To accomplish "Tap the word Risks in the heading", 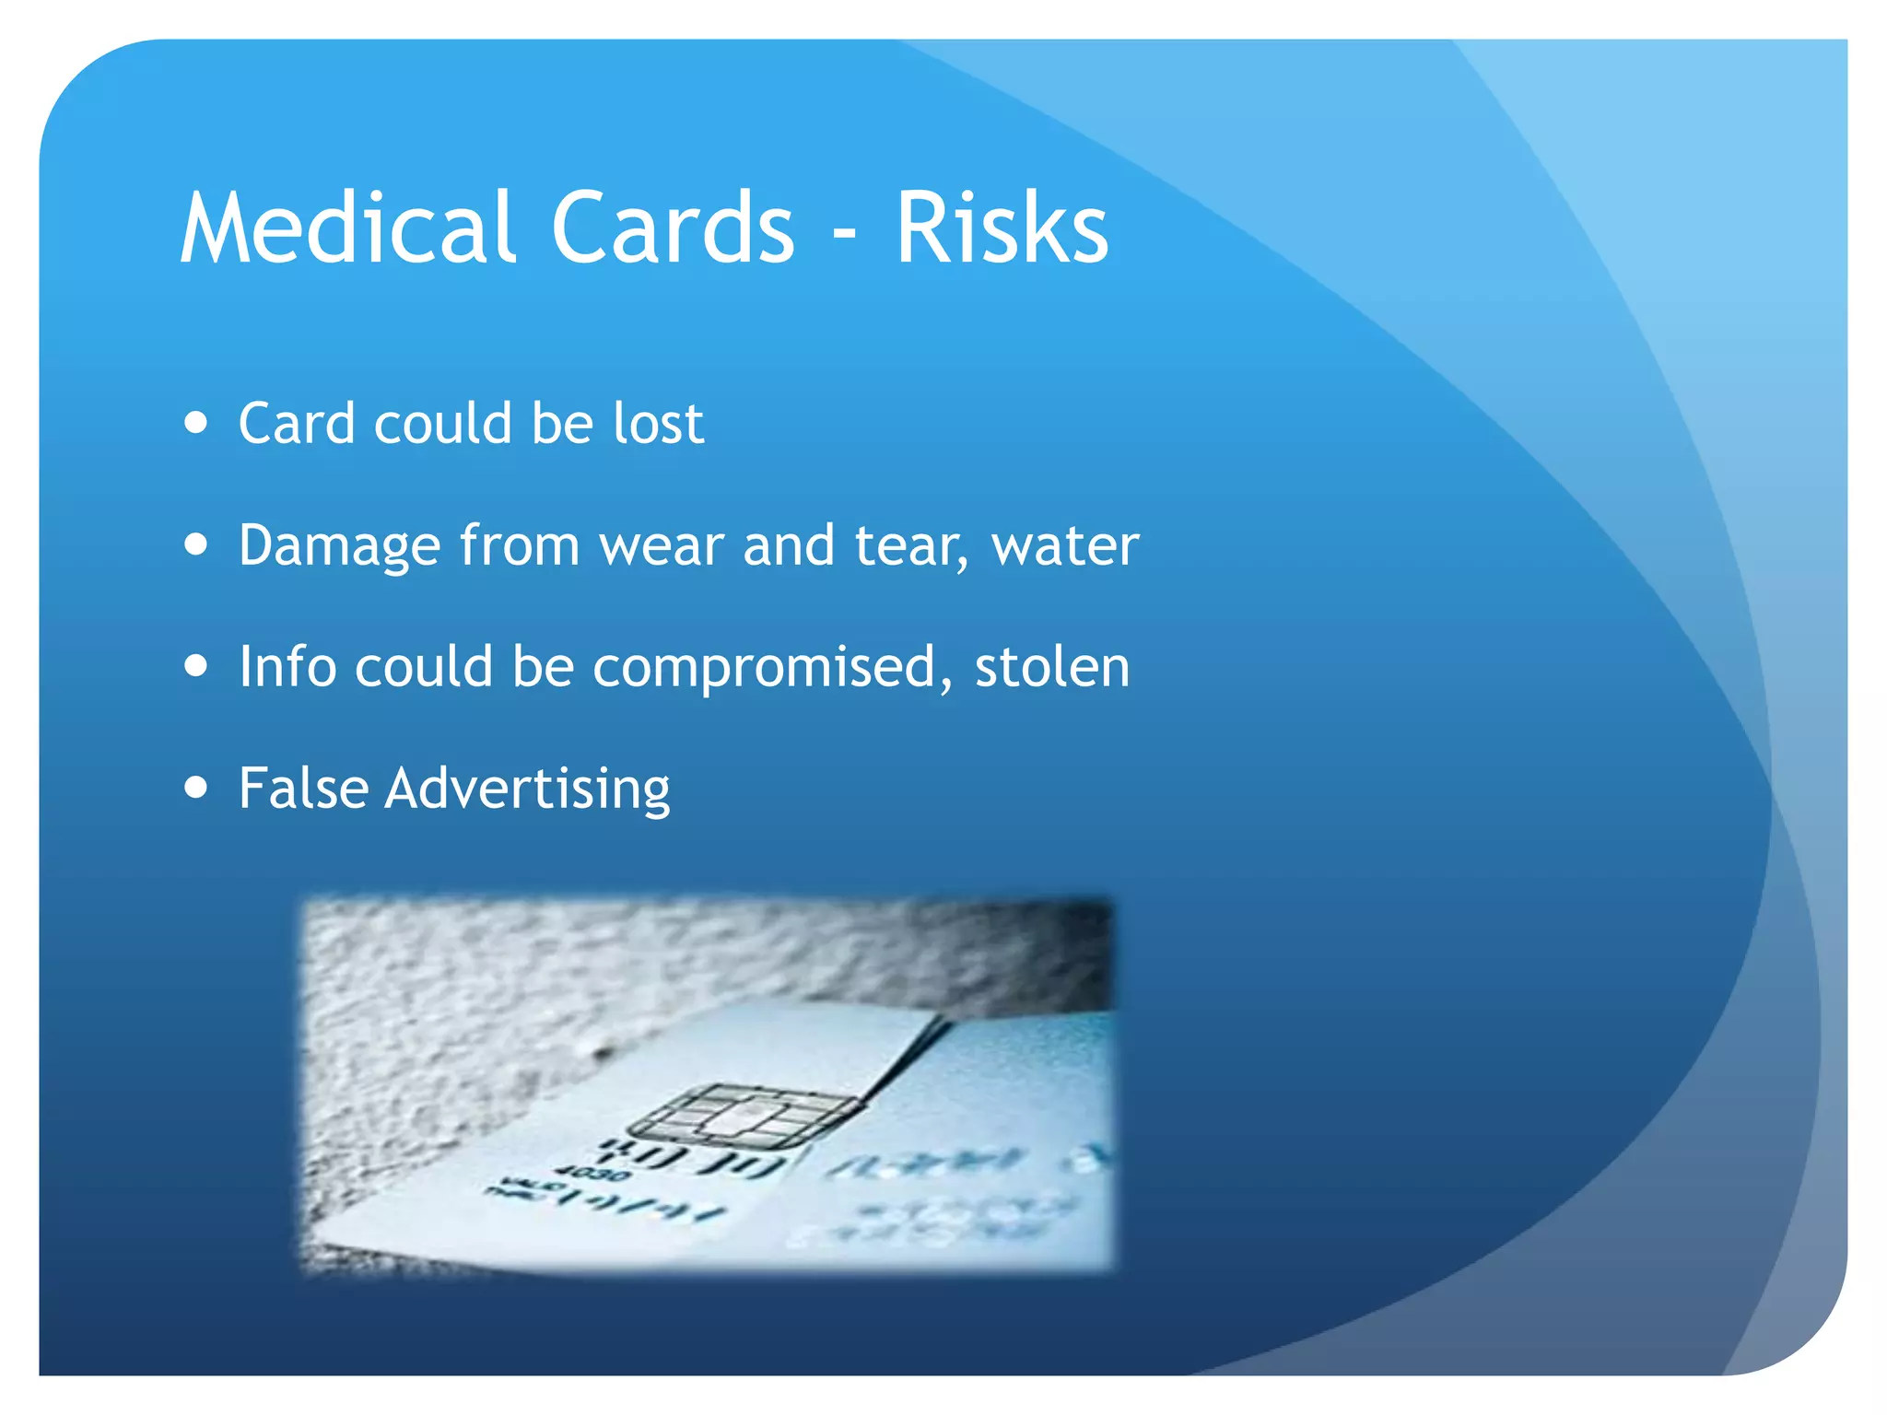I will point(1002,228).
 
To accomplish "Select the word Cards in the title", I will point(673,228).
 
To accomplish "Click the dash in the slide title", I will point(844,235).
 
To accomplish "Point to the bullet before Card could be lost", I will point(195,423).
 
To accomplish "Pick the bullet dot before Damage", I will point(195,544).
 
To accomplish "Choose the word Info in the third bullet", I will point(287,666).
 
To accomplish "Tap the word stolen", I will point(1052,666).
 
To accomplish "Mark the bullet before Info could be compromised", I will point(195,665).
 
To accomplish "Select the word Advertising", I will point(527,789).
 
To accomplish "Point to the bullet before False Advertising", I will point(195,788).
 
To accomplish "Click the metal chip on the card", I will point(743,1116).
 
